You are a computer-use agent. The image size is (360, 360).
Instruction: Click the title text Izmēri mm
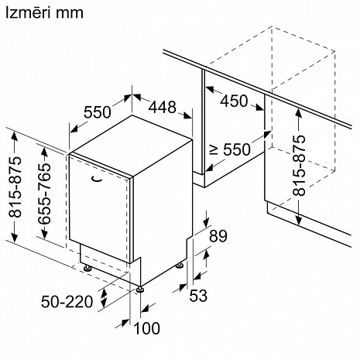[x=44, y=13]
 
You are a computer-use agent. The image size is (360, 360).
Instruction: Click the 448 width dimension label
[x=163, y=107]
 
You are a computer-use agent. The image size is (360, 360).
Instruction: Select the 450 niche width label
[x=234, y=101]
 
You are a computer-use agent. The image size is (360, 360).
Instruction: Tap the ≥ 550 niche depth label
[x=230, y=149]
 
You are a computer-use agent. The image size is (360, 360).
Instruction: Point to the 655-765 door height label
[x=45, y=193]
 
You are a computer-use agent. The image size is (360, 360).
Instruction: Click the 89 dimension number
[x=218, y=236]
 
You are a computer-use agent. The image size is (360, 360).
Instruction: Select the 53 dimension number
[x=198, y=296]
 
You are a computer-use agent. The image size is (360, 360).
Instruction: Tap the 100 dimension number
[x=147, y=328]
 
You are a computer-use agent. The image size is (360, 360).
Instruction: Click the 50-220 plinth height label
[x=67, y=301]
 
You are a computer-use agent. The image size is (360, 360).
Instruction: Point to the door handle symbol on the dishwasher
[x=96, y=180]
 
